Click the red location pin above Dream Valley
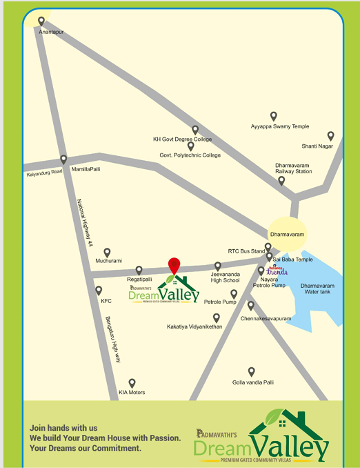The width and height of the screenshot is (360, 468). tap(174, 265)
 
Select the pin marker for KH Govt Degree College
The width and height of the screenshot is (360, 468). tap(195, 129)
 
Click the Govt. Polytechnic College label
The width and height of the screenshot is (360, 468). tap(190, 155)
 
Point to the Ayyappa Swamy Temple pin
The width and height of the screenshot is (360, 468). tap(273, 116)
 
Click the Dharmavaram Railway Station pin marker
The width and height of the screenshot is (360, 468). tap(281, 181)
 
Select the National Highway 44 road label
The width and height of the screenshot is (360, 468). tap(84, 220)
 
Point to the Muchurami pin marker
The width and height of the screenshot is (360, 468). tap(107, 253)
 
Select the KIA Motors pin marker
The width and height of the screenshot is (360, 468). tap(132, 382)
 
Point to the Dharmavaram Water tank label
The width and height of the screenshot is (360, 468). tap(317, 289)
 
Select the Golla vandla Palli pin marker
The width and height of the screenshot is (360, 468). tap(252, 371)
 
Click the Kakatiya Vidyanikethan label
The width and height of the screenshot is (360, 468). tap(194, 326)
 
